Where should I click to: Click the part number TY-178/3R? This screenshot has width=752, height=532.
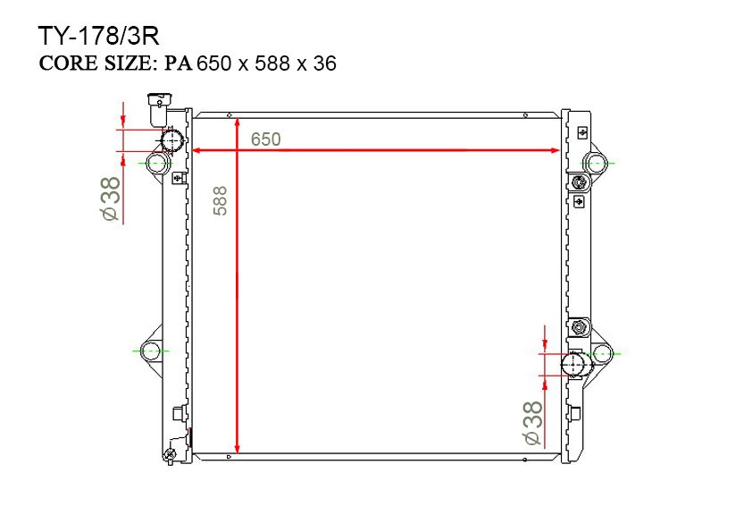coord(98,36)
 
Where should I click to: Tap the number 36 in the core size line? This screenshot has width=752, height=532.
coord(325,63)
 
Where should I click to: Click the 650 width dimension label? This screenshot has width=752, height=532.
coord(265,139)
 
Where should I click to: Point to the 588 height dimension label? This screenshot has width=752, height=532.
coord(220,200)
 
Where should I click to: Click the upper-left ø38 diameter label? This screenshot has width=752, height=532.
coord(111,198)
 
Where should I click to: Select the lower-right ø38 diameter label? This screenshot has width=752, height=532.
coord(533,423)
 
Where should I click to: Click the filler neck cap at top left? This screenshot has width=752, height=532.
coord(159,108)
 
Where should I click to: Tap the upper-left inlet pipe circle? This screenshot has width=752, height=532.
coord(171,140)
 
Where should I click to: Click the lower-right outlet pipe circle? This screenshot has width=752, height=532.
coord(573,365)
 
